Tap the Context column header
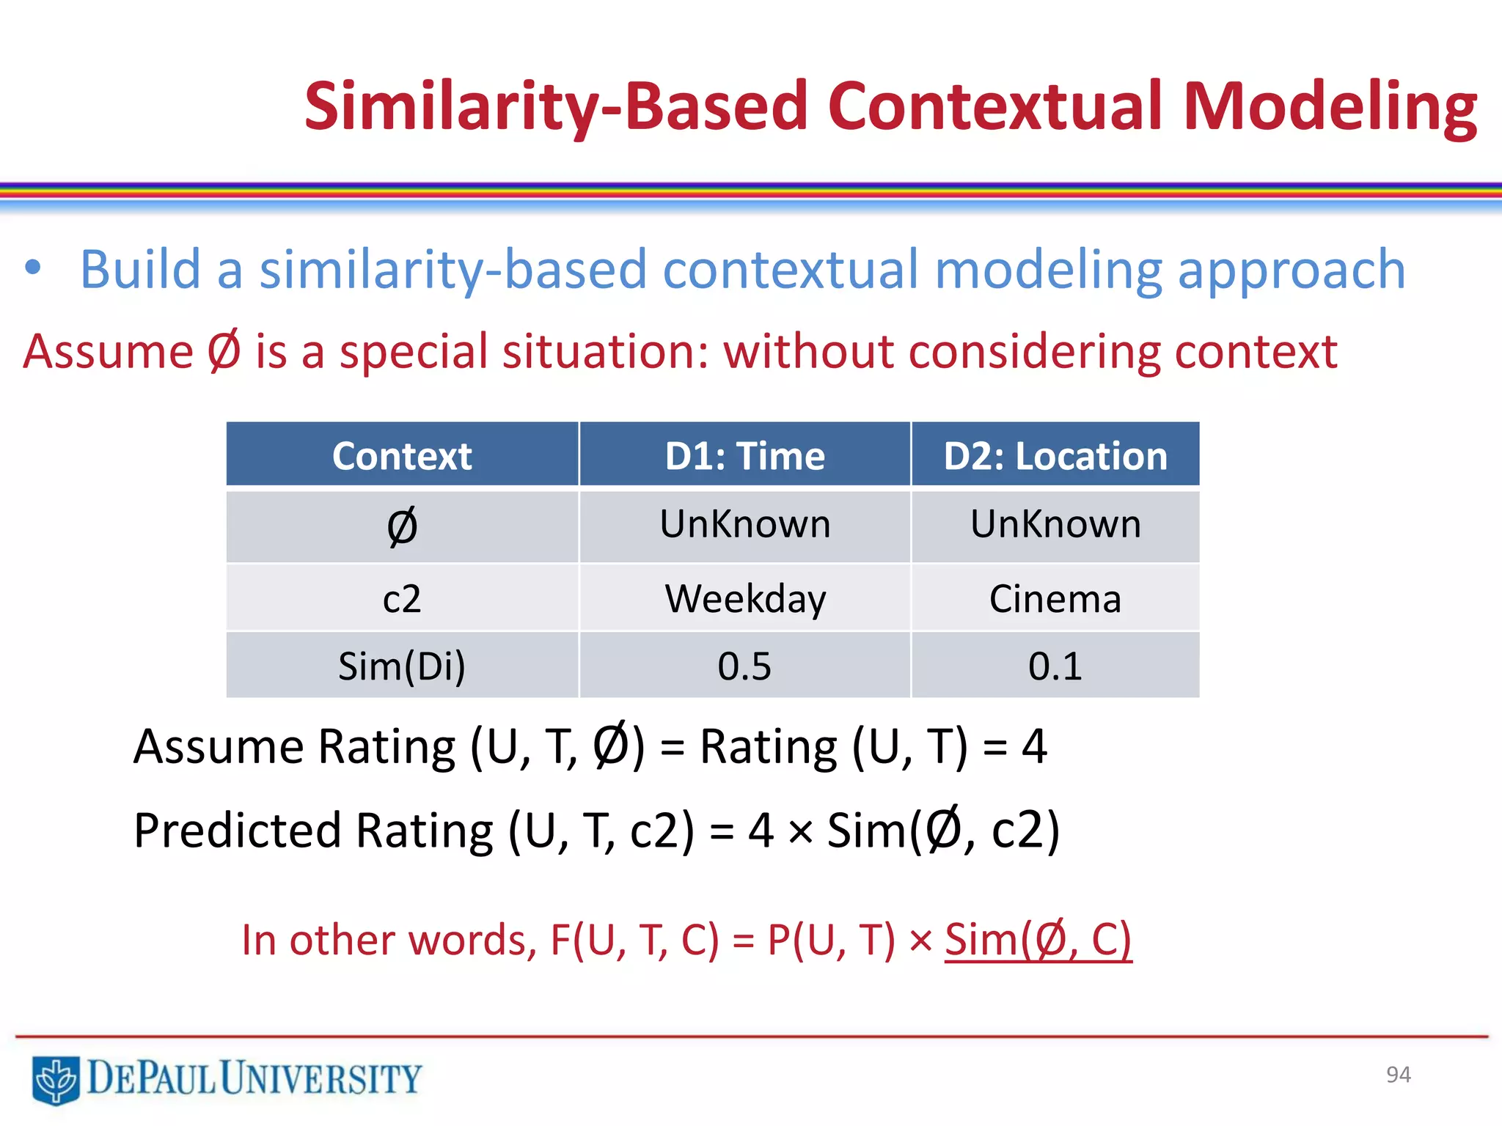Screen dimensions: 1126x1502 coord(402,456)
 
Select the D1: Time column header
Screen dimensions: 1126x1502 coord(744,456)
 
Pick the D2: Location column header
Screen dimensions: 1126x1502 coord(1055,456)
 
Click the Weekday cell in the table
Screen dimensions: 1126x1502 coord(744,599)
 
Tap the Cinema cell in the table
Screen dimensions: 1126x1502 coord(1055,599)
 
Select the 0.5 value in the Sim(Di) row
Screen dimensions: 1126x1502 coord(744,666)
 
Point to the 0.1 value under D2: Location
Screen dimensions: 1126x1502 coord(1055,666)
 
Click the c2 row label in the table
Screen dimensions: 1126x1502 coord(402,599)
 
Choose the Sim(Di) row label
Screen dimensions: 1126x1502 coord(402,666)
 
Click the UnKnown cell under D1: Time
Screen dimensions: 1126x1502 coord(744,524)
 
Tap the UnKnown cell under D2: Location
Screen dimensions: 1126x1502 coord(1055,524)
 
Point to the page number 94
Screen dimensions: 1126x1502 coord(1398,1075)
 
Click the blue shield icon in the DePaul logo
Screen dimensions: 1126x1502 coord(56,1080)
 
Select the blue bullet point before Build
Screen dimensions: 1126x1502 coord(32,268)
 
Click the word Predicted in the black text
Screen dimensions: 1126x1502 coord(237,831)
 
